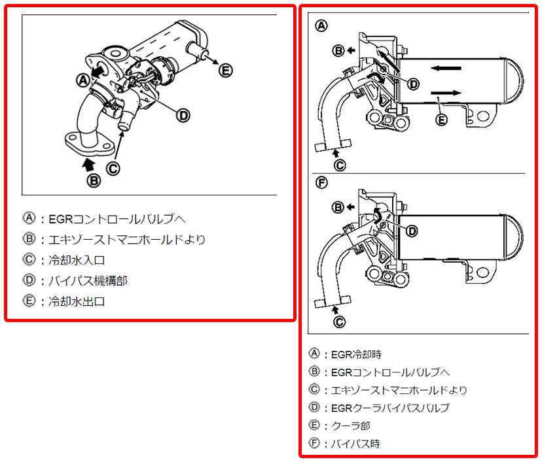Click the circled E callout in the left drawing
pyautogui.click(x=225, y=70)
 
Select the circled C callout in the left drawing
pyautogui.click(x=113, y=168)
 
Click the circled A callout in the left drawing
pyautogui.click(x=82, y=80)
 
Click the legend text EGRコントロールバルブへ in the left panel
pyautogui.click(x=122, y=218)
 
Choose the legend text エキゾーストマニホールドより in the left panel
pyautogui.click(x=127, y=239)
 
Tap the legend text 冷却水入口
pyautogui.click(x=76, y=260)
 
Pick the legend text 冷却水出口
pyautogui.click(x=76, y=302)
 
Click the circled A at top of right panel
pyautogui.click(x=321, y=26)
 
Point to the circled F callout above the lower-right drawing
pyautogui.click(x=321, y=182)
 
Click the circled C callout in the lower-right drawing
pyautogui.click(x=339, y=321)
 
